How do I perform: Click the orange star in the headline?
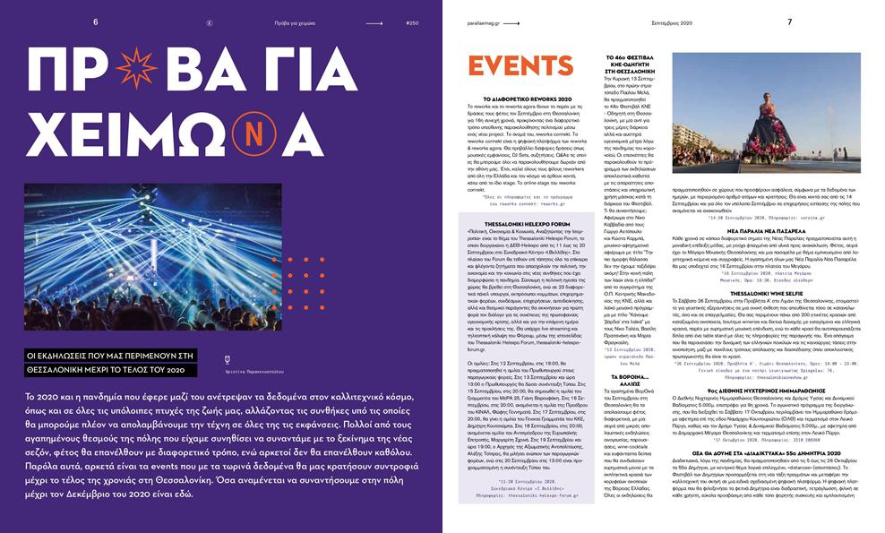tap(136, 68)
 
